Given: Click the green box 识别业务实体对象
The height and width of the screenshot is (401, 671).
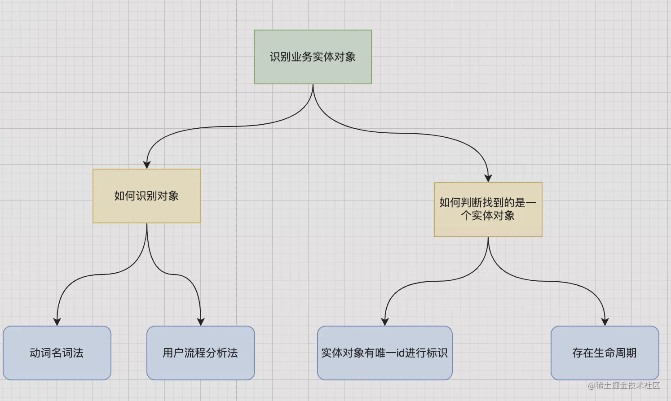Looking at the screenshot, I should (313, 57).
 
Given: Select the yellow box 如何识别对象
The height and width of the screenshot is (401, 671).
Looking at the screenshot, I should (146, 196).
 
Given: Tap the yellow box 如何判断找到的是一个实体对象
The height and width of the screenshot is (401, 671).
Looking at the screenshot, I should (488, 209).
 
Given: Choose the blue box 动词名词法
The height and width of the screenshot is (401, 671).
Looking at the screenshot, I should (57, 353).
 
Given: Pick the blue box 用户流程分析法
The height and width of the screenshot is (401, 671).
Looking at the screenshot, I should (200, 353).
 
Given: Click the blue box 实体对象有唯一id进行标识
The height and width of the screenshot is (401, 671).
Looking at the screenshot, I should (384, 353).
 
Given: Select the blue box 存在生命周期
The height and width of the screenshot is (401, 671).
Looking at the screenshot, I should (605, 353).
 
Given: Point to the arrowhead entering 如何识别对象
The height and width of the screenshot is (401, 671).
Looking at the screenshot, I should (146, 165).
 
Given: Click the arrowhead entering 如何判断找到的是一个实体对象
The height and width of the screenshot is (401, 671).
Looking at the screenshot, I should (488, 178).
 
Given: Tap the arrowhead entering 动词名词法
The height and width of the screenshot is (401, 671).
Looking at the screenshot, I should (57, 322).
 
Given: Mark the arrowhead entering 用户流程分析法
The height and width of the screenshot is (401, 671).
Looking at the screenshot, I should (201, 322).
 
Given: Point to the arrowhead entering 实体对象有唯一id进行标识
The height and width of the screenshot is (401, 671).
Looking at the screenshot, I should (384, 322).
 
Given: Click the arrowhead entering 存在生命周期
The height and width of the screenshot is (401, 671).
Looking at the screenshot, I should (605, 322).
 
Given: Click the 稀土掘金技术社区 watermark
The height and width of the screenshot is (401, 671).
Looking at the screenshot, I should (624, 385).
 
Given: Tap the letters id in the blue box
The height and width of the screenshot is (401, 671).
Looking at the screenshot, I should (400, 353).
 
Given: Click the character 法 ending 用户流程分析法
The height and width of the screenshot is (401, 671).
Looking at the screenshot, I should (233, 353).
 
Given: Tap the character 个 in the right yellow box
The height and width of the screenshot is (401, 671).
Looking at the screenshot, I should (466, 216).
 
